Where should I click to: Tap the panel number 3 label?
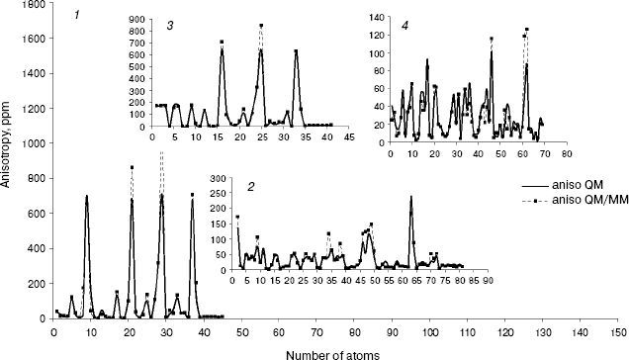[x=171, y=27]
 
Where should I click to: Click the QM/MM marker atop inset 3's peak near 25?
[x=261, y=26]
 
